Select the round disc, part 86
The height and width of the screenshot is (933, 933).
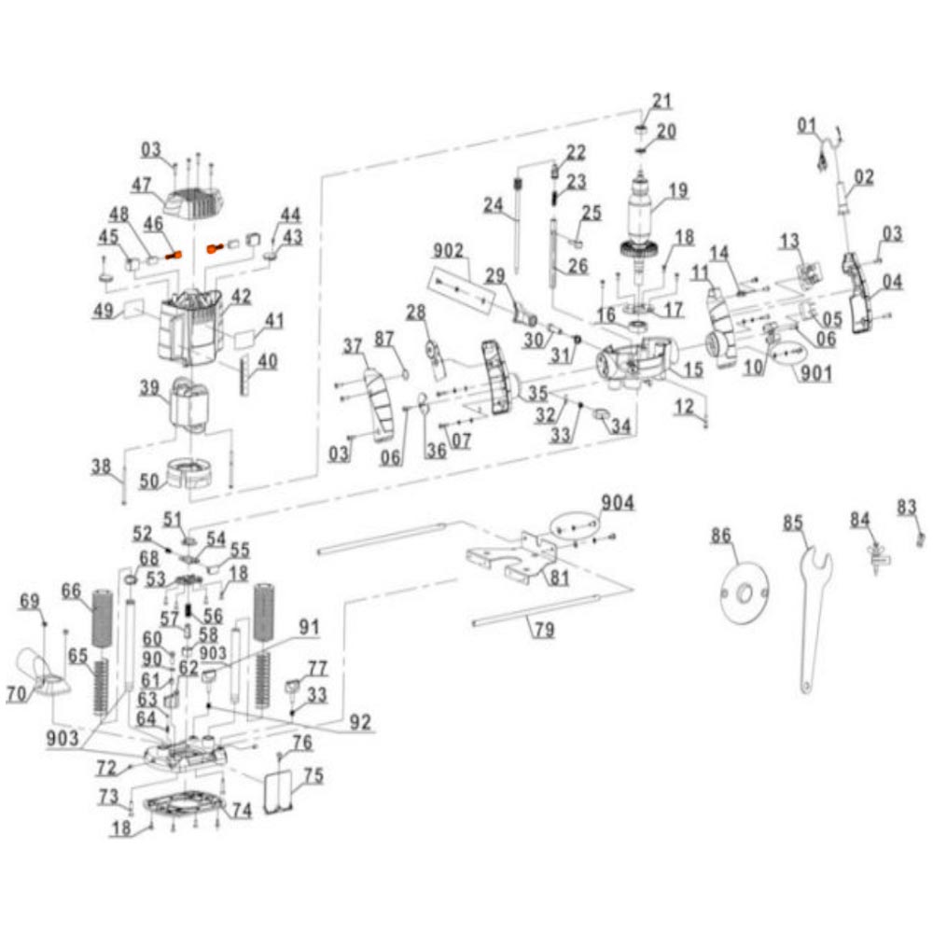[x=745, y=593]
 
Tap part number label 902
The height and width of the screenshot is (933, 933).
[x=448, y=251]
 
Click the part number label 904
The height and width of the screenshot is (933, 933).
[x=617, y=503]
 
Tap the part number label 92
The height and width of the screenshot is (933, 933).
[x=360, y=722]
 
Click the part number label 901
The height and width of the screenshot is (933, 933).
[x=815, y=373]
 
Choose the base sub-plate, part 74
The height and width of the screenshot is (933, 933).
[x=187, y=804]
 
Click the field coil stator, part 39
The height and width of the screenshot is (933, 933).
[x=190, y=405]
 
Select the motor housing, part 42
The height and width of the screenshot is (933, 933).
[x=189, y=326]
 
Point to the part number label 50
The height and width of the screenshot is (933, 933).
[x=149, y=480]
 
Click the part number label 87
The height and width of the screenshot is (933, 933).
[x=384, y=340]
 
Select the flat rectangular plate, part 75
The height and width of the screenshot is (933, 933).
[x=277, y=790]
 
